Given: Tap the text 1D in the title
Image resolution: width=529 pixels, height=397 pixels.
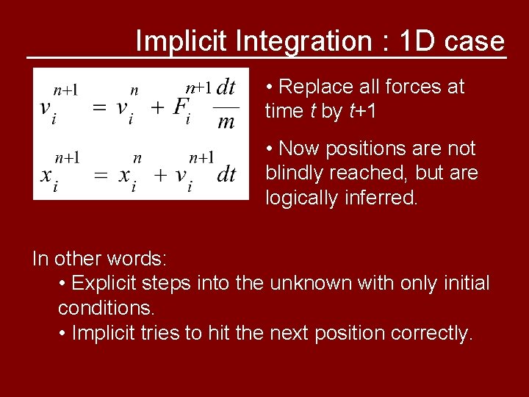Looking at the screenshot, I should [417, 41].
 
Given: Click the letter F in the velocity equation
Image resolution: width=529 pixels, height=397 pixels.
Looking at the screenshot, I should [180, 107].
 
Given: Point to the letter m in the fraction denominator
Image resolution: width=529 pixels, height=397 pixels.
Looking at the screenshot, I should [226, 121].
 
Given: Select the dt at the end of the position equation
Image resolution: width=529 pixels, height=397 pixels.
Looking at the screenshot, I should [226, 174].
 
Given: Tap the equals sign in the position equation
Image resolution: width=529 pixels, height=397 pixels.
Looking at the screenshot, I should [99, 174].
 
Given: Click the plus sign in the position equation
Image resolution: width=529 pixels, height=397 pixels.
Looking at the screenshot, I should [156, 174].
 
